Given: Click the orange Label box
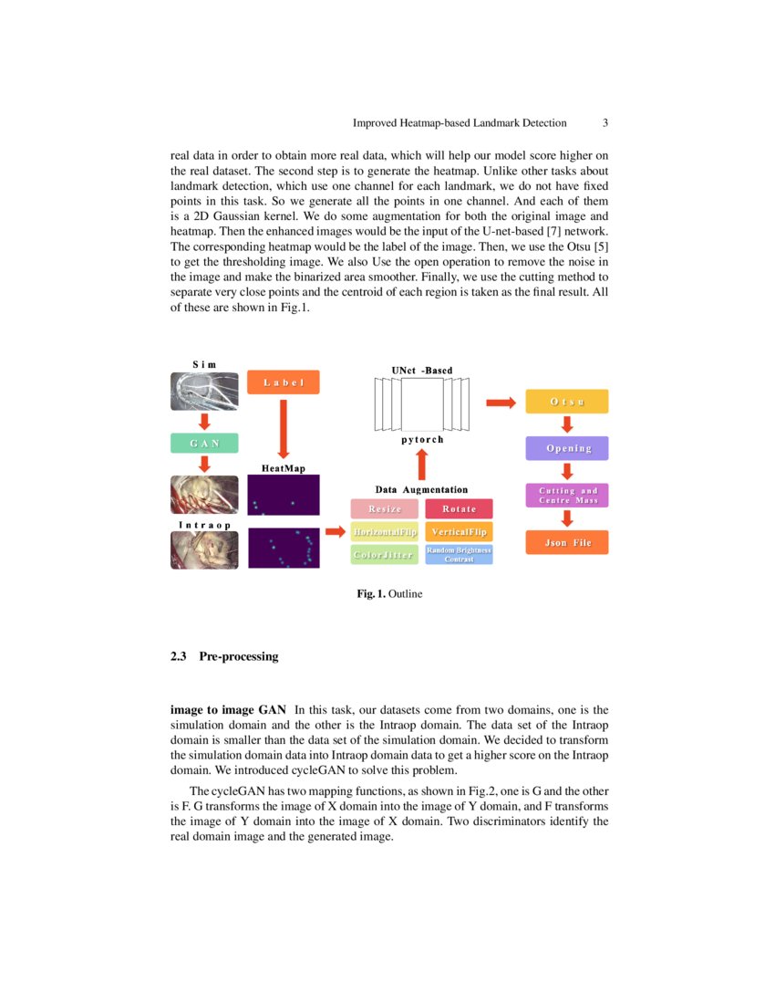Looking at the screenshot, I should pos(283,382).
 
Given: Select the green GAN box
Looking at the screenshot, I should pos(204,443).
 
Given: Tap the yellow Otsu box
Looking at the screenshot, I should pos(566,402).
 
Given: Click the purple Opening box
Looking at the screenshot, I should pos(566,448).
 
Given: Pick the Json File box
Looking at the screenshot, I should pos(566,542).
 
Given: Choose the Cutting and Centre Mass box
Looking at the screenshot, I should pos(566,496).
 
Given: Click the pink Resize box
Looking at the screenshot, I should pos(384,508).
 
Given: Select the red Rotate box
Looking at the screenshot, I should pos(459,508).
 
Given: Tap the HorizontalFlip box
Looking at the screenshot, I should pos(384,531).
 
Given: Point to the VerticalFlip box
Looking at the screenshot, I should pos(459,531).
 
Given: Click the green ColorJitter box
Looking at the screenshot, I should pos(384,554).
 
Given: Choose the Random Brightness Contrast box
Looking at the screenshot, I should pos(459,554).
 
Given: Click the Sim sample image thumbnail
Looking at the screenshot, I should pos(204,391).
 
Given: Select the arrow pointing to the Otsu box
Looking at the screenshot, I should pos(500,402).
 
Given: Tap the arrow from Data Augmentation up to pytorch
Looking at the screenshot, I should pos(421,465).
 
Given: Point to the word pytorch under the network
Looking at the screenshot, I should pos(422,440).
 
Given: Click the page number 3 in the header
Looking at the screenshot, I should pos(605,123).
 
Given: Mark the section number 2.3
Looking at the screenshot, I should pos(179,656).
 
